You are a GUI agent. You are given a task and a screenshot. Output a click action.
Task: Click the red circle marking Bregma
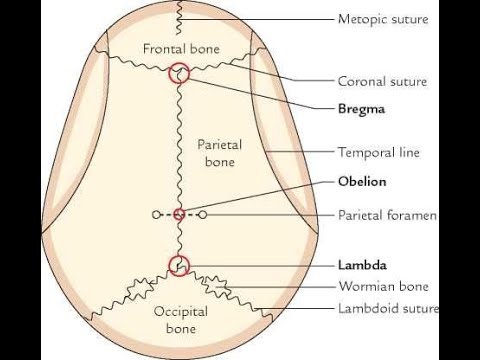click(179, 72)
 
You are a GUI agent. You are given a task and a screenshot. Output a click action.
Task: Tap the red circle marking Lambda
click(179, 266)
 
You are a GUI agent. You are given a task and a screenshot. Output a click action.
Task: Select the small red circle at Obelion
click(179, 214)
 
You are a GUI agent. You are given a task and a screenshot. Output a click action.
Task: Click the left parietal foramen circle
click(155, 214)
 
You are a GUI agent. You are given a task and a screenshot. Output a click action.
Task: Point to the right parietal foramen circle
click(203, 214)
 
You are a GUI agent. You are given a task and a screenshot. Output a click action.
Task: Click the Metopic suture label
click(383, 19)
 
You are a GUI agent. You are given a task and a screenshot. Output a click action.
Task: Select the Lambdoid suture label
click(388, 308)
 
